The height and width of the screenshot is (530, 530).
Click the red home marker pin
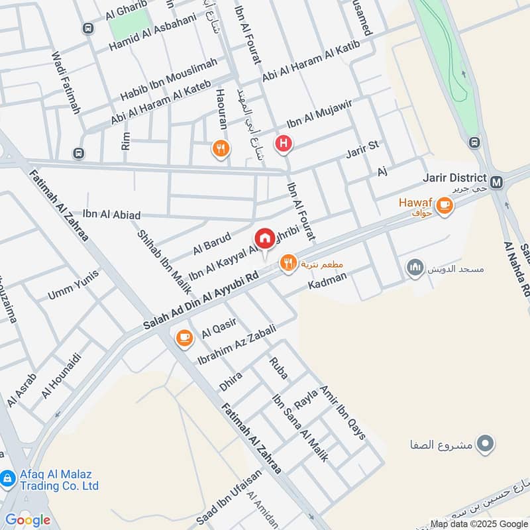tap(264, 238)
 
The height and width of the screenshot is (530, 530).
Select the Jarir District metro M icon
tap(498, 180)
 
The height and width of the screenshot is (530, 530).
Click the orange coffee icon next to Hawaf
tap(445, 207)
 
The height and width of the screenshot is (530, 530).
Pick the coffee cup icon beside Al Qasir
tap(184, 339)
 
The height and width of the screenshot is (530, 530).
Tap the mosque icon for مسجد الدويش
tap(415, 268)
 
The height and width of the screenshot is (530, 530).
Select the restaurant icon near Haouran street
tap(221, 149)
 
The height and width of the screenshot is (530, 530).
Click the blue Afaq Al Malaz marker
tap(8, 478)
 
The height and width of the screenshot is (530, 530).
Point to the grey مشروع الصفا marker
tap(487, 443)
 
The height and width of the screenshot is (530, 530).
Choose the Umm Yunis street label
tap(74, 285)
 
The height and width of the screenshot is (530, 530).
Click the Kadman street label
tap(327, 283)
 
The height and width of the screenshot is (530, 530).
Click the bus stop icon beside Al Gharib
tap(87, 28)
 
